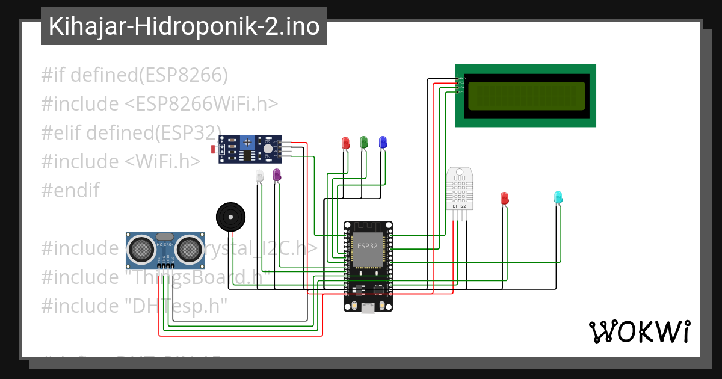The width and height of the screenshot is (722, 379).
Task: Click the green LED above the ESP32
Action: pyautogui.click(x=363, y=142)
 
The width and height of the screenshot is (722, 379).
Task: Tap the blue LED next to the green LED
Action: pyautogui.click(x=382, y=142)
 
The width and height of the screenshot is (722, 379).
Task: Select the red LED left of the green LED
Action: pyautogui.click(x=345, y=143)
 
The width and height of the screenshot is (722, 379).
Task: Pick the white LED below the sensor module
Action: pyautogui.click(x=259, y=176)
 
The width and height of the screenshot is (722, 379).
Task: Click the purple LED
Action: pyautogui.click(x=277, y=175)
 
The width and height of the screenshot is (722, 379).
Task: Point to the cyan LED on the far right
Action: pyautogui.click(x=558, y=197)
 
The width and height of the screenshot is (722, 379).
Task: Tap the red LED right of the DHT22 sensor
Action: pyautogui.click(x=504, y=198)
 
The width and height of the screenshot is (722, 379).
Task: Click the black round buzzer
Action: pyautogui.click(x=231, y=216)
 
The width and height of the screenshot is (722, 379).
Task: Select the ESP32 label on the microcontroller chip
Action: pyautogui.click(x=367, y=246)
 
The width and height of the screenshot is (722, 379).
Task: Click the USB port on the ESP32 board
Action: pyautogui.click(x=368, y=307)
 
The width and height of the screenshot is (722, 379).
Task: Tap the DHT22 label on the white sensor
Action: pyautogui.click(x=459, y=206)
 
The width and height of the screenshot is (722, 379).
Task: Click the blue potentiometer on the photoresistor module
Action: pyautogui.click(x=246, y=143)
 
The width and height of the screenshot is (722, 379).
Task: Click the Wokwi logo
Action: pyautogui.click(x=639, y=331)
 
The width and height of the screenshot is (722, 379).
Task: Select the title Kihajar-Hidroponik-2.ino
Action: pyautogui.click(x=184, y=26)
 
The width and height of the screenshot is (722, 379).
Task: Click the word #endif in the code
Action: pyautogui.click(x=70, y=191)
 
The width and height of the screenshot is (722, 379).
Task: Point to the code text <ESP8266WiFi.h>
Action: pyautogui.click(x=202, y=104)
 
